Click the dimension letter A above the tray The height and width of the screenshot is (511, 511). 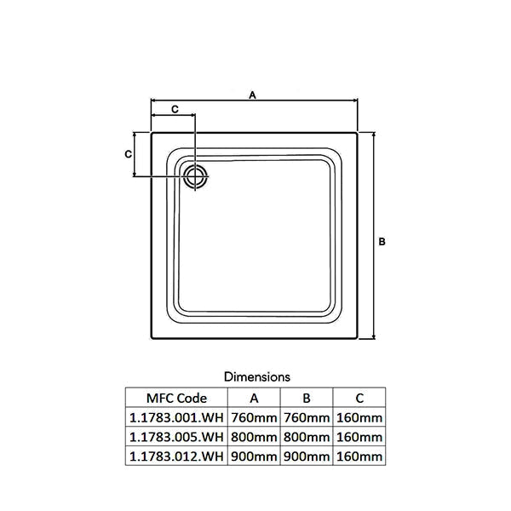(x=253, y=95)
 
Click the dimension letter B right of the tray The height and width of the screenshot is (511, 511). (x=382, y=242)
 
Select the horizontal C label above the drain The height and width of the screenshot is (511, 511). (x=175, y=109)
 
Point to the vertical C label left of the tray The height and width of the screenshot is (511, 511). (x=129, y=154)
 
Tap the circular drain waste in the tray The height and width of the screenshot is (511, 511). (x=196, y=176)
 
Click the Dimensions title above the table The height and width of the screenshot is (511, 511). (x=257, y=377)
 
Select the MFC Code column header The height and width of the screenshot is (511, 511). (x=176, y=399)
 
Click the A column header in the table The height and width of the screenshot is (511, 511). (x=254, y=399)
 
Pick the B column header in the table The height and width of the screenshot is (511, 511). (x=307, y=399)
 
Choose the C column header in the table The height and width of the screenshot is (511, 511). (x=359, y=399)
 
